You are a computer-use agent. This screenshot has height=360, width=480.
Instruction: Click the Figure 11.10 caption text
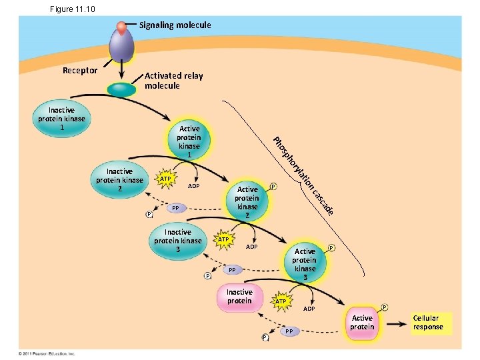tap(72, 9)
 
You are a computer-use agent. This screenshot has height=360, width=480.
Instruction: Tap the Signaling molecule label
tap(175, 25)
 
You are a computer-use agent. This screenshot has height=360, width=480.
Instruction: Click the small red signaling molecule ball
tap(121, 27)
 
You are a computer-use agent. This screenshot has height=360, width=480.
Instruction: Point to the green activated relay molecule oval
tap(121, 89)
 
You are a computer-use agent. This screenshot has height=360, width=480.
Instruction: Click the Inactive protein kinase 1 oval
tap(61, 119)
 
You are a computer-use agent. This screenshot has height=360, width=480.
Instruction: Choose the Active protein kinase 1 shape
tap(189, 141)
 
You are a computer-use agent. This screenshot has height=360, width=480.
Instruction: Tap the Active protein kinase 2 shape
tap(247, 202)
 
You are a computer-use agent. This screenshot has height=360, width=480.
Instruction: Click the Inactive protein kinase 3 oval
tap(177, 241)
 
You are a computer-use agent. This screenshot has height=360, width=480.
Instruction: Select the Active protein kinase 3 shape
tap(305, 263)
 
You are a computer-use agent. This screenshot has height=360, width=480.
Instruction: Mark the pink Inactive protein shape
tap(239, 297)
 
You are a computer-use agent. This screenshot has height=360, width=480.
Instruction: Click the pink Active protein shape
tap(362, 323)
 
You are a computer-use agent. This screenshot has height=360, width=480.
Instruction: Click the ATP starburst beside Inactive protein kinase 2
tap(165, 179)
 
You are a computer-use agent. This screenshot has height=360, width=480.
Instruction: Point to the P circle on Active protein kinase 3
tap(331, 247)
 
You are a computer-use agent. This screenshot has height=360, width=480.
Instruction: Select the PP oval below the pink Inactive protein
tap(289, 331)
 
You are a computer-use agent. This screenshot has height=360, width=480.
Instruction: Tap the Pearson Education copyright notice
tap(47, 353)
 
